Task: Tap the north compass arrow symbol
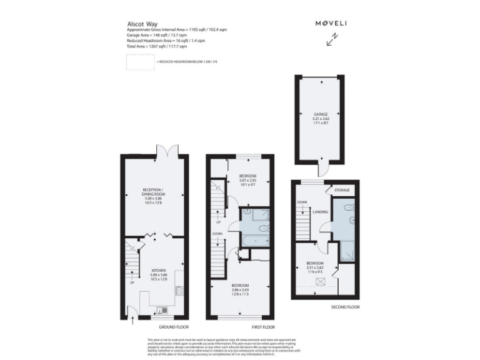pyautogui.click(x=332, y=40)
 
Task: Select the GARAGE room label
pyautogui.click(x=321, y=118)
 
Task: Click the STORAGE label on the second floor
pyautogui.click(x=341, y=189)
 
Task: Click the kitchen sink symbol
pyautogui.click(x=162, y=310)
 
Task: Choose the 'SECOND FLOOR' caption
pyautogui.click(x=344, y=306)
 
